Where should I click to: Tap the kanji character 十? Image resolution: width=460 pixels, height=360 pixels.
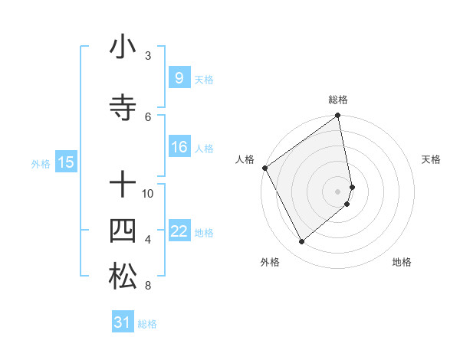click(x=123, y=184)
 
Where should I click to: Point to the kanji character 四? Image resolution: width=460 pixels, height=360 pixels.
click(x=123, y=231)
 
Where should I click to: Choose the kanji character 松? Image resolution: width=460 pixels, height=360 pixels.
click(x=123, y=277)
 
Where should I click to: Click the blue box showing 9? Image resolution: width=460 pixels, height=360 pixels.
click(x=179, y=78)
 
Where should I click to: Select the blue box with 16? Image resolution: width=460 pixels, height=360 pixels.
click(x=179, y=147)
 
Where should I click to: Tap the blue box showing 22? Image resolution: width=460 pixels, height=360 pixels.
click(x=179, y=231)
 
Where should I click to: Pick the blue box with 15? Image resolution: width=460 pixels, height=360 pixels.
click(x=65, y=162)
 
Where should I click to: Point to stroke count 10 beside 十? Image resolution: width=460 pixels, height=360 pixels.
click(x=148, y=194)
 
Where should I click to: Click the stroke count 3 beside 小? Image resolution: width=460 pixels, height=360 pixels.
click(x=148, y=56)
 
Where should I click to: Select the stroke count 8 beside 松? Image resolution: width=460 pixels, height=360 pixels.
click(x=148, y=286)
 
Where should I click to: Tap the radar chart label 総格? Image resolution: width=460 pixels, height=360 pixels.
click(x=338, y=100)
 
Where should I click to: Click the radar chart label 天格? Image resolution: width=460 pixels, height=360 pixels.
click(x=431, y=159)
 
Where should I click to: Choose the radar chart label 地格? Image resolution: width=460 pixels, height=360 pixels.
click(x=402, y=263)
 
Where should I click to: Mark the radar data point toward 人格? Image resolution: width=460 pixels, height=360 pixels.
click(x=264, y=168)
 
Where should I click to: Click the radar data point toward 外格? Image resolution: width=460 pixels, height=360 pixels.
click(x=301, y=242)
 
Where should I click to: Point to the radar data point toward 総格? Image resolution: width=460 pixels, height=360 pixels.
click(x=338, y=116)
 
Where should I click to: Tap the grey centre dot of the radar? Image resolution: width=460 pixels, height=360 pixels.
click(x=338, y=191)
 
